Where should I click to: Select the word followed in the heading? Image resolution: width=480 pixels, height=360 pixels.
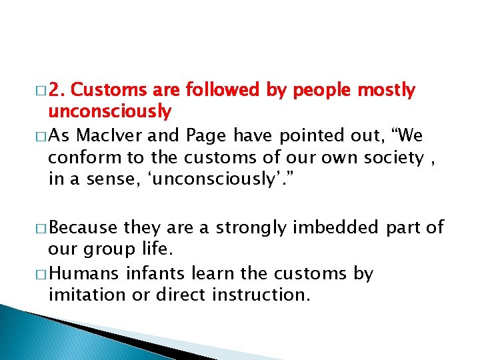point(222,90)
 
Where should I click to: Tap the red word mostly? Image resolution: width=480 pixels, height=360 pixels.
point(387,90)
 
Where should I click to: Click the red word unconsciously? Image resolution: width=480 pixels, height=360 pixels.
point(109,111)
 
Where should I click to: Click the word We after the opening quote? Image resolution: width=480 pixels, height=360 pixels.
point(409,137)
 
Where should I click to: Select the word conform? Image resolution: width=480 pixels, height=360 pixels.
point(76,157)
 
